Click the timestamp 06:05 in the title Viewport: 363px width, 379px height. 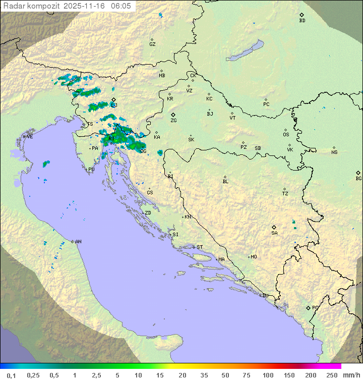tap(121, 6)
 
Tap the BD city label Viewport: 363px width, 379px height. tap(302, 21)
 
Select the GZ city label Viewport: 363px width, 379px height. tap(152, 44)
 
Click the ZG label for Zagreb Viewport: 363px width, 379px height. tap(173, 121)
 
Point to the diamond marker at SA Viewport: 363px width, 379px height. tap(274, 227)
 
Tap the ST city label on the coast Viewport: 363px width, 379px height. tap(200, 247)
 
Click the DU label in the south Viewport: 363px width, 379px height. tap(265, 296)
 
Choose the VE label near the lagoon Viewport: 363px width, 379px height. tap(30, 137)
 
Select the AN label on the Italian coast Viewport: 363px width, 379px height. tap(78, 242)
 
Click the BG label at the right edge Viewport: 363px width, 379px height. tap(358, 179)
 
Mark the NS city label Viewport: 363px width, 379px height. tap(334, 152)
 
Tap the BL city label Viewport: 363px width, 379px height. tap(225, 182)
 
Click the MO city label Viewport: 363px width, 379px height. tap(254, 257)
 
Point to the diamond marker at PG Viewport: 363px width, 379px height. tap(308, 307)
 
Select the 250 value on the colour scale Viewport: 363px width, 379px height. tap(331, 375)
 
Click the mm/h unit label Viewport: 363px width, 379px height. tap(349, 375)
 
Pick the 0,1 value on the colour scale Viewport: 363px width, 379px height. tap(11, 375)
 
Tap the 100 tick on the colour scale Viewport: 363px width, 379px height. tap(268, 375)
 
